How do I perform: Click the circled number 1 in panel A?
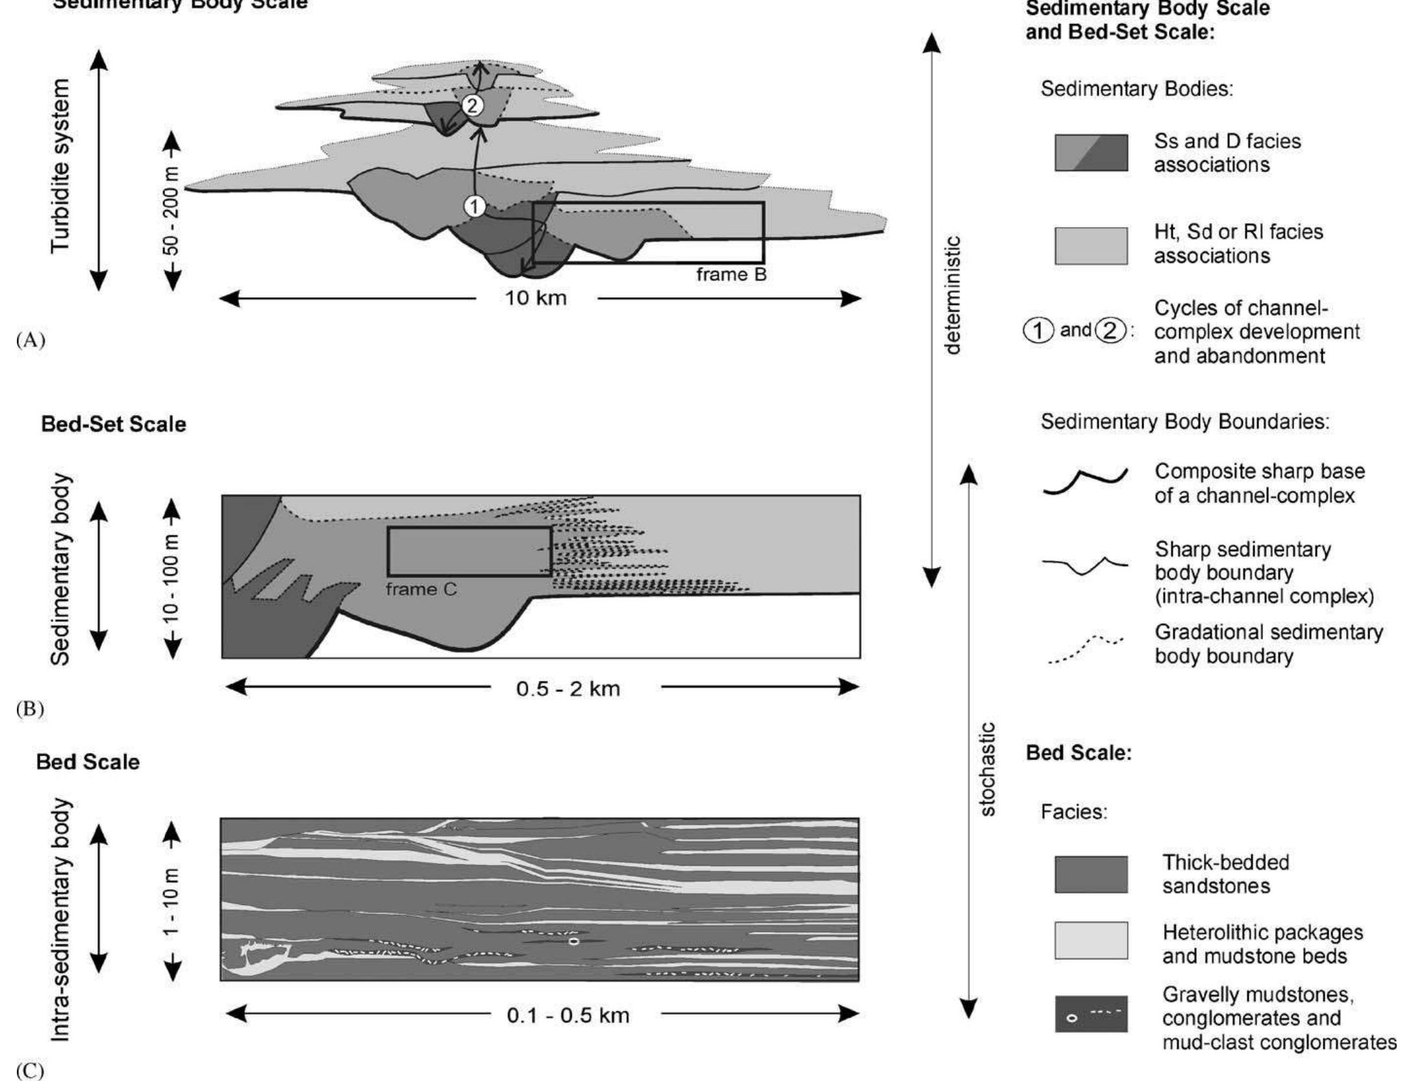(475, 207)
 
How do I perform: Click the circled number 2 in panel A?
(472, 105)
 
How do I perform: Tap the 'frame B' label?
(731, 275)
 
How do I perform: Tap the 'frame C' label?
(421, 589)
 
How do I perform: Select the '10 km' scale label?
(536, 299)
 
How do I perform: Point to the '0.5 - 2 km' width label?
(568, 688)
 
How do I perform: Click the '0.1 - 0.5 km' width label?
(568, 1015)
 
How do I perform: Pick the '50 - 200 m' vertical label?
(172, 211)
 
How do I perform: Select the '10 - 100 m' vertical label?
(172, 578)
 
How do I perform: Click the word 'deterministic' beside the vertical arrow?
(953, 295)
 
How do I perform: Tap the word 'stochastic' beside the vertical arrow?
(987, 769)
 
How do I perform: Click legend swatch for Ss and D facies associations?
(1091, 153)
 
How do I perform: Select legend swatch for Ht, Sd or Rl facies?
(1091, 246)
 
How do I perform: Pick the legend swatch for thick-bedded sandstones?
(1091, 874)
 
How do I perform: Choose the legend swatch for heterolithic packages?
(1091, 941)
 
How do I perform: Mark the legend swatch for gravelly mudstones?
(1091, 1014)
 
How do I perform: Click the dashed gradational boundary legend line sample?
(1085, 650)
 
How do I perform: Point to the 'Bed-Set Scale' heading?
(114, 424)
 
